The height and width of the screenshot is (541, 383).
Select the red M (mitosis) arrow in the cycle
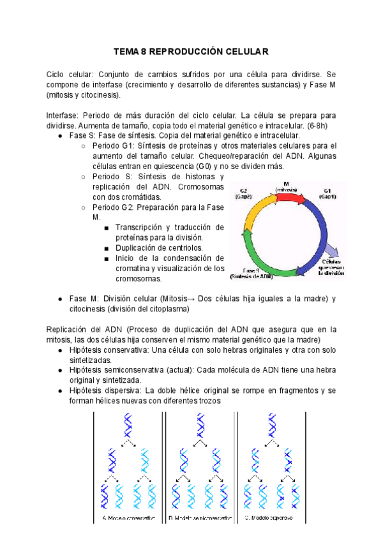292,197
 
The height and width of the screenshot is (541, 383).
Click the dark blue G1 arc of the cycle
323,230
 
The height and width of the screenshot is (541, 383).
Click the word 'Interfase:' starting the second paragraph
64,115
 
